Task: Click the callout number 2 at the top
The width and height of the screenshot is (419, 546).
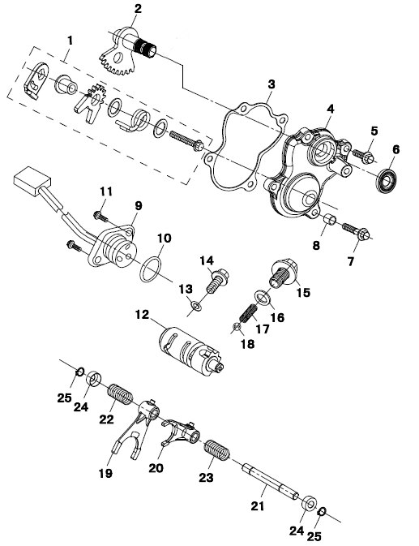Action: coord(138,8)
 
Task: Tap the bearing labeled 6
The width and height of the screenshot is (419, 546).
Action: coord(386,180)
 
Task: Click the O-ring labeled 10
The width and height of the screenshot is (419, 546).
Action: coord(151,269)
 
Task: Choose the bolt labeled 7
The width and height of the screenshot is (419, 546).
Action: coord(356,231)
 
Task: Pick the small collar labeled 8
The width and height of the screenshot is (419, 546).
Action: coord(330,221)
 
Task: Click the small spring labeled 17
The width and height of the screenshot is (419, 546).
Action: coord(248,313)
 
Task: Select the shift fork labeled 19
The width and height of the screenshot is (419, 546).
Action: coord(130,428)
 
